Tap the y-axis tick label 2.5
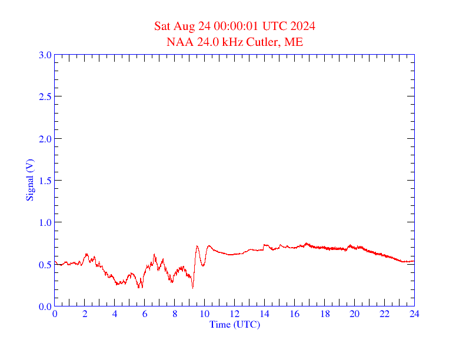45,96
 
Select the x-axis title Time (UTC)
234,324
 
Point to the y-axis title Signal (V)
29,180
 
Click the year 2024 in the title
302,26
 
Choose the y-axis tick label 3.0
45,55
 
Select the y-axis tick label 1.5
45,181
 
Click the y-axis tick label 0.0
45,306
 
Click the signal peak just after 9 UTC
197,246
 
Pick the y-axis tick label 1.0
45,222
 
